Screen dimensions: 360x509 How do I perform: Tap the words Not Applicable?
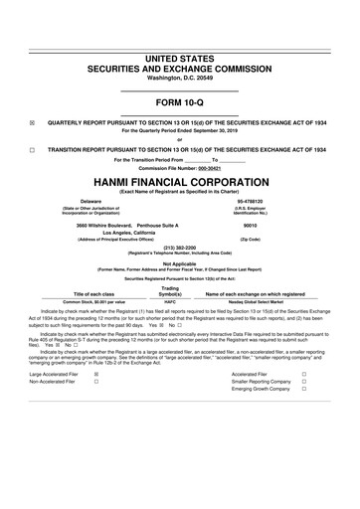click(x=180, y=263)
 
